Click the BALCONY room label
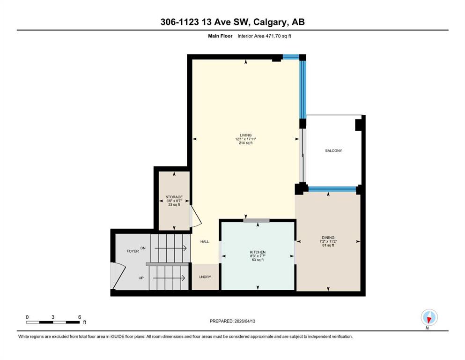(x=333, y=151)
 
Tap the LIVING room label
(x=245, y=135)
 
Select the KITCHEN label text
(x=258, y=252)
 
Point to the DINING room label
(x=328, y=238)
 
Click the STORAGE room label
(x=174, y=197)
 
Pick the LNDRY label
(x=205, y=277)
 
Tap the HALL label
(x=205, y=241)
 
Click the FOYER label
(x=133, y=251)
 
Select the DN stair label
(x=143, y=248)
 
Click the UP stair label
(x=141, y=278)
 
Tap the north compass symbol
(x=429, y=317)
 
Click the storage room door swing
(x=196, y=216)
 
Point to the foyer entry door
(x=118, y=276)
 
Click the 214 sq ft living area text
(x=245, y=143)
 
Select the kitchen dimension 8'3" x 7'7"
(x=258, y=256)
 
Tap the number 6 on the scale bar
(x=80, y=317)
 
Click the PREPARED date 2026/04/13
(x=245, y=321)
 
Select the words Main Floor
(x=220, y=36)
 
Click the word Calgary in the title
(x=270, y=22)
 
